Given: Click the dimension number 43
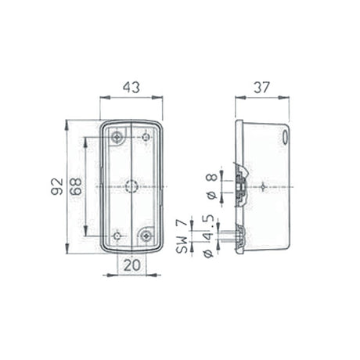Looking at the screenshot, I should coord(131,88).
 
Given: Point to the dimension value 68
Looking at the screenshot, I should coord(76,187).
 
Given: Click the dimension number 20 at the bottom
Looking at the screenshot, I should coord(131,265).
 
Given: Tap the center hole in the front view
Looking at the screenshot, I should coord(131,187).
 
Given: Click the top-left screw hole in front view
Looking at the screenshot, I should coord(117,138).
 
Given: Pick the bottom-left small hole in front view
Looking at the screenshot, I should coord(117,236).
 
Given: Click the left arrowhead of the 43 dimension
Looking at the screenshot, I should coord(103,98).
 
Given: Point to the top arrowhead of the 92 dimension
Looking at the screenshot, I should coord(67,123).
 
